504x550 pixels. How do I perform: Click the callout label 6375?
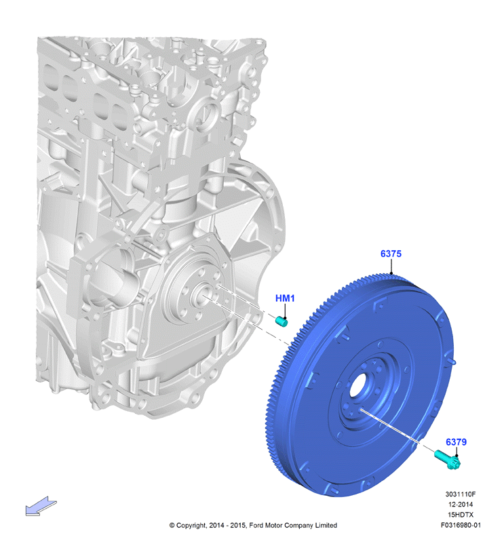(x=391, y=254)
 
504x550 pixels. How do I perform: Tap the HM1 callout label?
(x=285, y=298)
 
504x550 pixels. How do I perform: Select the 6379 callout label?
(x=456, y=442)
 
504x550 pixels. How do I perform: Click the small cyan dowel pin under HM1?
(x=282, y=321)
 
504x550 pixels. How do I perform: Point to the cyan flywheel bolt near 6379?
(x=447, y=460)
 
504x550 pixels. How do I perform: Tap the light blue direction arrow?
(x=41, y=506)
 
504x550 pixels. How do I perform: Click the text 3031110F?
(x=461, y=494)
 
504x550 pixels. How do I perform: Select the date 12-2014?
(x=461, y=505)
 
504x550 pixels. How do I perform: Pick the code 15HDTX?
(x=461, y=515)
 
